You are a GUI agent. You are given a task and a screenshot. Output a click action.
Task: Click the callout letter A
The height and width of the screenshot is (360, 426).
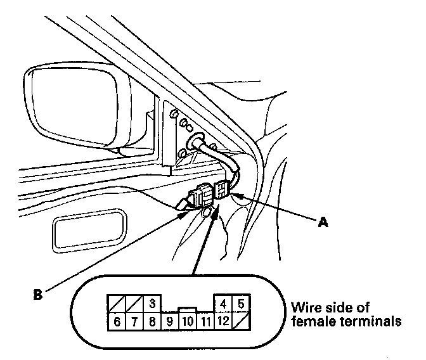323,222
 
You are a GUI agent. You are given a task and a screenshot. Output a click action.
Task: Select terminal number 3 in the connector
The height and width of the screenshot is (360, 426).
152,304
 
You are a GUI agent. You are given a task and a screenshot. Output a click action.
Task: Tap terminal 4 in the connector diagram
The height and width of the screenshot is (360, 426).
223,304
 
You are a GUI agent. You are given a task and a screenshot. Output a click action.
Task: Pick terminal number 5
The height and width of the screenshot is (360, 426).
241,304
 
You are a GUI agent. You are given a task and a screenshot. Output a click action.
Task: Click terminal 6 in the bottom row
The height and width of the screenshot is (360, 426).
117,321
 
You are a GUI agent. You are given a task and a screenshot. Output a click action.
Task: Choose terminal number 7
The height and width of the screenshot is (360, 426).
134,321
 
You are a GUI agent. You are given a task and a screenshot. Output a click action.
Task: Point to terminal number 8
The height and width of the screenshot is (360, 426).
152,321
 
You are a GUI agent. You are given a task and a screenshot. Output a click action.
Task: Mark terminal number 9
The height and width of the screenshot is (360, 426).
170,321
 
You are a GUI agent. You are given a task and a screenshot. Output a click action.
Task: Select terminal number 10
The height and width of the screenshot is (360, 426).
188,321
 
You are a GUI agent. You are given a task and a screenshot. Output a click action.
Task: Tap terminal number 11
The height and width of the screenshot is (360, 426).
205,321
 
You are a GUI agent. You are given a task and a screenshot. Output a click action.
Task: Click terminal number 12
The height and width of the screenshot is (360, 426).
223,321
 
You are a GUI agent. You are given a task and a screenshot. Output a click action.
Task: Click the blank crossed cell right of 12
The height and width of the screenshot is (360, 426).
241,321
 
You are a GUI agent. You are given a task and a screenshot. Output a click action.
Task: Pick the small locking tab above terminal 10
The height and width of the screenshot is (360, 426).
188,310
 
